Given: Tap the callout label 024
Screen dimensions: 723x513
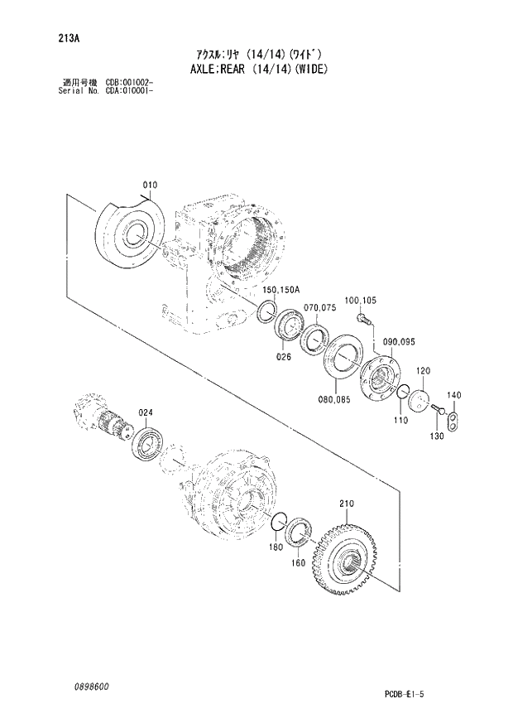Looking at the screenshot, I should point(146,412).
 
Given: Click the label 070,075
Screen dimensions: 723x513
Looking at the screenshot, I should point(321,306).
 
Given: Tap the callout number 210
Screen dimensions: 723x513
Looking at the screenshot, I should point(346,503).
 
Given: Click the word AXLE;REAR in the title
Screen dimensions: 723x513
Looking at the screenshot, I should point(213,70).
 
